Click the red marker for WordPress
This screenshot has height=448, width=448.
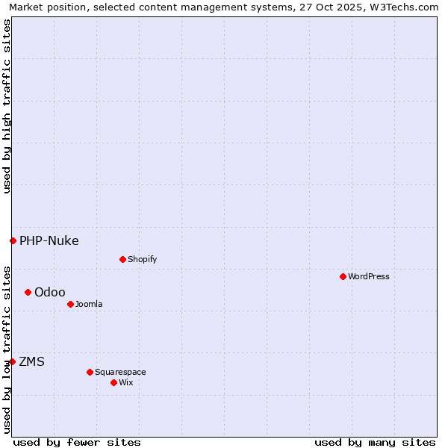[x=343, y=276]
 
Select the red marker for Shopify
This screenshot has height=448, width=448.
[x=122, y=259]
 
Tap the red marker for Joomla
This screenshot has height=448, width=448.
[x=70, y=304]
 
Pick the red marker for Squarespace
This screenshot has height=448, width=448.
[x=90, y=372]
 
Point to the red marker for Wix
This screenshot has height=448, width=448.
[x=113, y=382]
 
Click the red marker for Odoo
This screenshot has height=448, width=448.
[x=28, y=292]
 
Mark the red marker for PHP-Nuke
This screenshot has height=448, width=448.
[x=13, y=240]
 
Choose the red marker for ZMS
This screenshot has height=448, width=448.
[x=12, y=361]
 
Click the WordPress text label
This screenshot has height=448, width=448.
[x=369, y=276]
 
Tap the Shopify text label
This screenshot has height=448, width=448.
[x=142, y=259]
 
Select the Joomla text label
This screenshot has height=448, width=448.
[x=89, y=304]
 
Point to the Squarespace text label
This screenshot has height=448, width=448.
[x=120, y=372]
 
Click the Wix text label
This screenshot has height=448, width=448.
[x=126, y=382]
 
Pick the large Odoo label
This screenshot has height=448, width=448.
[x=50, y=292]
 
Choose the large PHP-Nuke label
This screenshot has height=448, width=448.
[x=49, y=240]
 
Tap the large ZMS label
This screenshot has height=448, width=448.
[x=32, y=361]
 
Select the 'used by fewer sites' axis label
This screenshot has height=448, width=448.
[x=77, y=442]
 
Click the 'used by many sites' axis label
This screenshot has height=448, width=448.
[x=375, y=442]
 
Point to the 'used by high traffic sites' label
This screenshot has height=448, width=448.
[x=7, y=106]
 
